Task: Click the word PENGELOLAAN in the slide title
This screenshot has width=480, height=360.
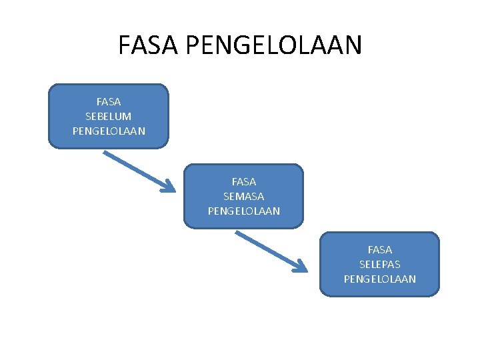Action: (x=274, y=45)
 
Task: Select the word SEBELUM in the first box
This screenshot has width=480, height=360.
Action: (x=109, y=116)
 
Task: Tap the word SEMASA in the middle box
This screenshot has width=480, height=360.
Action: (x=244, y=196)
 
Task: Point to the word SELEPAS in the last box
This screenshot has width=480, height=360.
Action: (x=380, y=264)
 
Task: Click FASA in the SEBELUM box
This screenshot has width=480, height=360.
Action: (x=109, y=102)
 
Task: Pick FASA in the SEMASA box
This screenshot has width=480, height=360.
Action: (x=244, y=181)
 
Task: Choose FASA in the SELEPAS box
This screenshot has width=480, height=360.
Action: (x=380, y=250)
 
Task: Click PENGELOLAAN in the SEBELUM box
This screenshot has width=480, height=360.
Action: (x=109, y=131)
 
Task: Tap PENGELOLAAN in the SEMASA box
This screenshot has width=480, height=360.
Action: (x=244, y=211)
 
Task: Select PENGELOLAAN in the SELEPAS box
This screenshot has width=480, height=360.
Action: (x=380, y=279)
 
